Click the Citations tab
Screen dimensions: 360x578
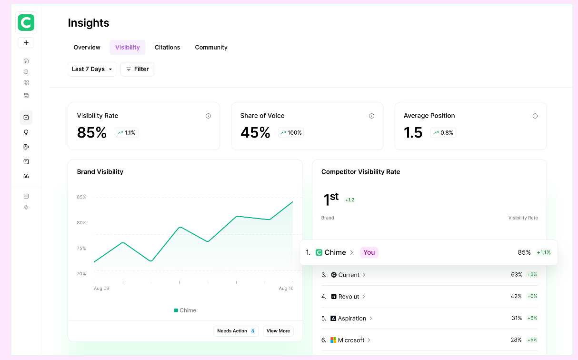coord(167,47)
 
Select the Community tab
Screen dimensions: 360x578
coord(211,47)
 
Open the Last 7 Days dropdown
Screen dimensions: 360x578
coord(92,69)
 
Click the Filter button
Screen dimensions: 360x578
coord(137,69)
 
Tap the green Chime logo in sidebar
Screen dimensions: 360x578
coord(26,22)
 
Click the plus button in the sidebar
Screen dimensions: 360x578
coord(26,43)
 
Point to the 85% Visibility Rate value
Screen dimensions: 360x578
coord(91,132)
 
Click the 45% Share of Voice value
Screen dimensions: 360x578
coord(255,132)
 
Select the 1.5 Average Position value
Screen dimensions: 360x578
coord(413,132)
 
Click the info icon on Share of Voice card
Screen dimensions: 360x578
coord(371,116)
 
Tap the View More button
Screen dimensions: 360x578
coord(278,331)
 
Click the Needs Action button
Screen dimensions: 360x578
coord(236,331)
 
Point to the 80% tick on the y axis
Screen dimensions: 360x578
coord(81,223)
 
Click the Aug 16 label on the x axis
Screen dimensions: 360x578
coord(286,289)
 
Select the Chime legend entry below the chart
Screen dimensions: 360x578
coord(185,310)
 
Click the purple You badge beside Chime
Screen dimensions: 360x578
coord(369,252)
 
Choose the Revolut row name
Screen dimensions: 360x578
coord(349,297)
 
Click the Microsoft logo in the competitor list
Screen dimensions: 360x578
coord(333,340)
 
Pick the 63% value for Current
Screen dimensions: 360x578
coord(516,275)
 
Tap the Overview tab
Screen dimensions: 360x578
coord(87,47)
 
